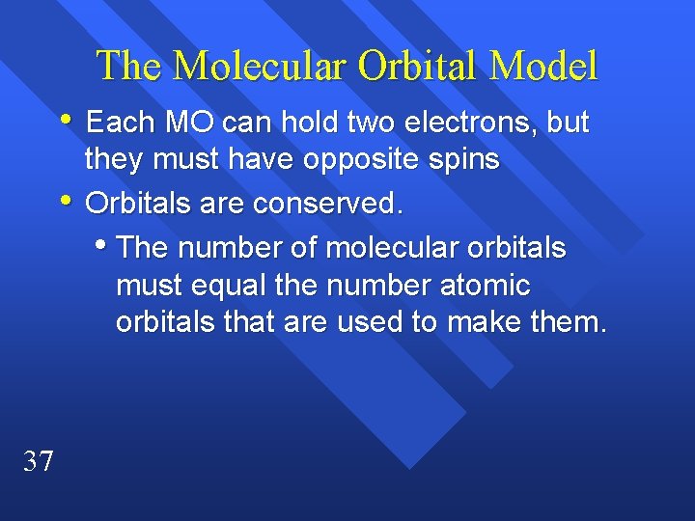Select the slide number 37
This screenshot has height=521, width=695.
(x=39, y=461)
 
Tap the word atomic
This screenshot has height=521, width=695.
(x=486, y=286)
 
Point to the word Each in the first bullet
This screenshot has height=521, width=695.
(x=121, y=123)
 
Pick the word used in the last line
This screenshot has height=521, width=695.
(x=371, y=322)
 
